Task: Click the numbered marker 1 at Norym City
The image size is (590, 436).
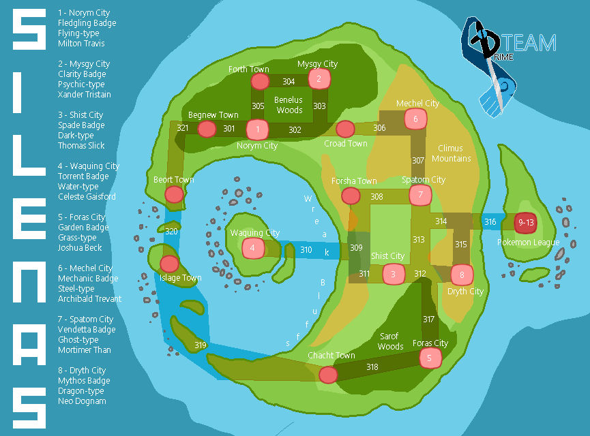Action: (257, 128)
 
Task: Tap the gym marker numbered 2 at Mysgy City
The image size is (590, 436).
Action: (319, 79)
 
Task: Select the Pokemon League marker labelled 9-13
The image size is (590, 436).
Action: (526, 223)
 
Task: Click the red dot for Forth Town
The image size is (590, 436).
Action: (260, 82)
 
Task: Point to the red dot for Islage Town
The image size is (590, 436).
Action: (169, 264)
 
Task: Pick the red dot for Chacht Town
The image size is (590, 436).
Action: (328, 375)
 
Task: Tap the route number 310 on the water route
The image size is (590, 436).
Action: (306, 250)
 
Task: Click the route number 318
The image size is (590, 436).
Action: (372, 367)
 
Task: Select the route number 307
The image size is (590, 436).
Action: (418, 161)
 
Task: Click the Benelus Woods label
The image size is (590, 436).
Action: (289, 105)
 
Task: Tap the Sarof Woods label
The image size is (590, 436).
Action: (390, 341)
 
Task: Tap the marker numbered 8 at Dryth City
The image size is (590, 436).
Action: (462, 275)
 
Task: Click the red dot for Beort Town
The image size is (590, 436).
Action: (175, 194)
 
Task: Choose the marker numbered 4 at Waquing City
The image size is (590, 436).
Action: (253, 248)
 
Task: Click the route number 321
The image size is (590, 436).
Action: (182, 128)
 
